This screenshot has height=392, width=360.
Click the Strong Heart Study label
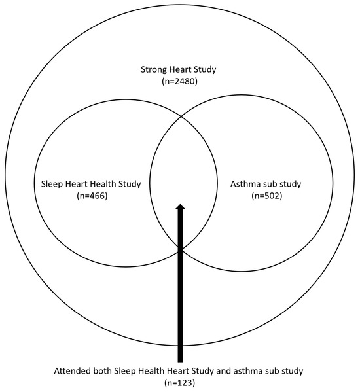click(179, 70)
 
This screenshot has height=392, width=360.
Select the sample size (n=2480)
click(179, 82)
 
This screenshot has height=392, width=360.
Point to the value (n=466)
click(88, 196)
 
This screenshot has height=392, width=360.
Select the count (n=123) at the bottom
click(180, 383)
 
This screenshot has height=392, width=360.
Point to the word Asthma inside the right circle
click(245, 184)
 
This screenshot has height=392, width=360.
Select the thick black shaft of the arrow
click(180, 294)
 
